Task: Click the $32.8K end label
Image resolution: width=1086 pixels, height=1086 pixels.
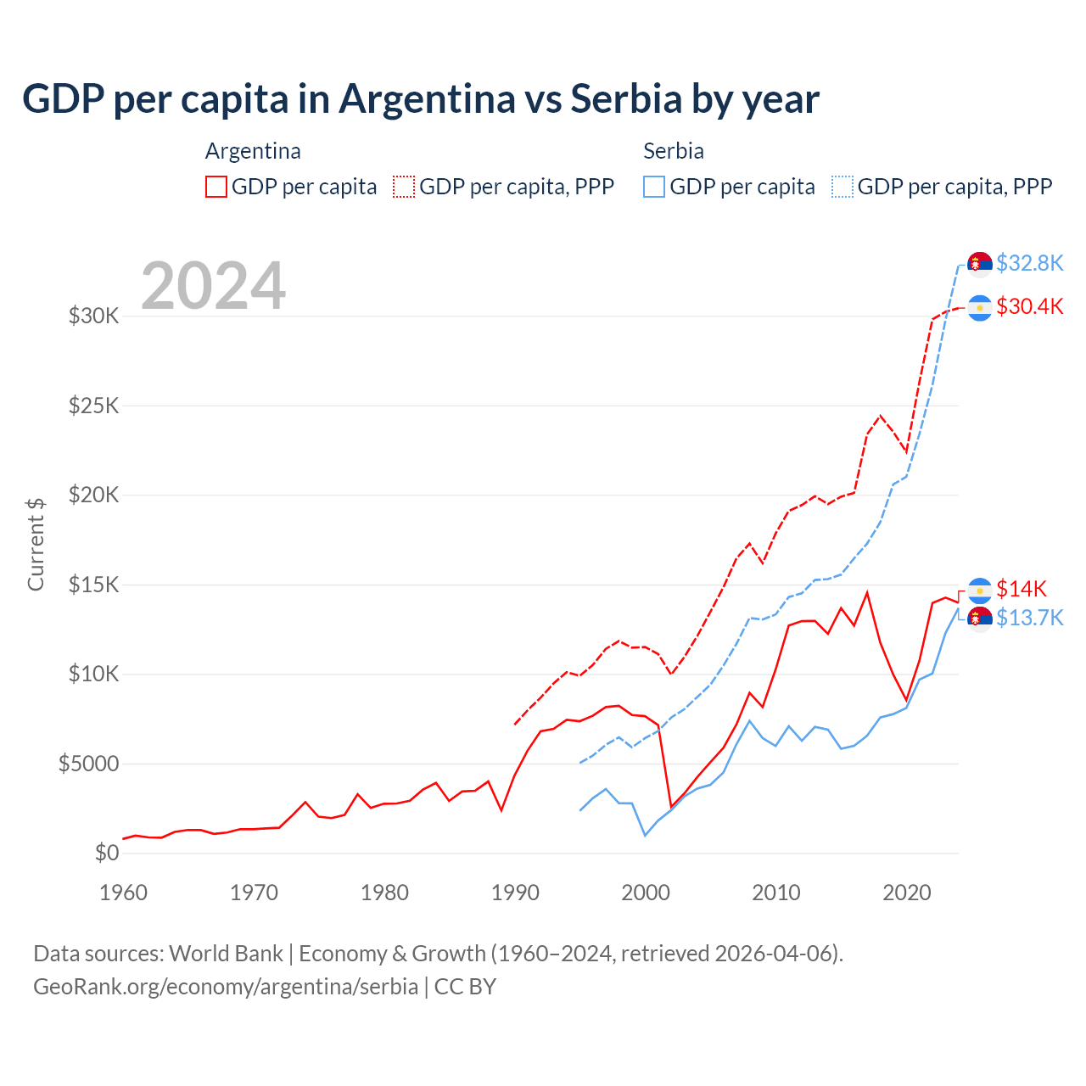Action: tap(1029, 263)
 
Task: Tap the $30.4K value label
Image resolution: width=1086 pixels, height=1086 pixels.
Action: tap(1029, 306)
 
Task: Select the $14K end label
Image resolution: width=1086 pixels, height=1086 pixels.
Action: tap(1022, 589)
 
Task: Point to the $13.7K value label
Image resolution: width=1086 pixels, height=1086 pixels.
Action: tap(1029, 618)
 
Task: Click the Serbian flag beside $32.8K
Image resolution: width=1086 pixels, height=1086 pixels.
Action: tap(980, 264)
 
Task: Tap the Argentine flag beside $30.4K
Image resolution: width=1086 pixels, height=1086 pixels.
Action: tap(980, 307)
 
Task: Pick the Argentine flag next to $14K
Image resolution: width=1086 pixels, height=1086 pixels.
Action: tap(980, 591)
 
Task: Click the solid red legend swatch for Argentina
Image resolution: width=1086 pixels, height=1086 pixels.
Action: tap(216, 187)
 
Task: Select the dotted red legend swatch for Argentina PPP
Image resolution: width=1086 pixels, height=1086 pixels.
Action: tap(404, 187)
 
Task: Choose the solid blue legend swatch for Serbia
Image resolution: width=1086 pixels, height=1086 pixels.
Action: tap(654, 187)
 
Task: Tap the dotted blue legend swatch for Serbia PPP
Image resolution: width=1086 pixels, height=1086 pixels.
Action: tap(842, 187)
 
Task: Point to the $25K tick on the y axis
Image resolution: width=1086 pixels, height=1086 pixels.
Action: tap(94, 406)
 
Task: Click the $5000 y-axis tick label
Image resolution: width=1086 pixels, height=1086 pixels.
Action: tap(88, 764)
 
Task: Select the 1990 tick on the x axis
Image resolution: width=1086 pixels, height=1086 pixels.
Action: tap(515, 893)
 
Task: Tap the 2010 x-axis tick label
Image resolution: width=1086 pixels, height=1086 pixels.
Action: tap(776, 893)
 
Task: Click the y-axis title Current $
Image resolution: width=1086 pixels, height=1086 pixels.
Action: tap(36, 544)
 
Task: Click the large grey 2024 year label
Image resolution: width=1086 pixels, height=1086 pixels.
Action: tap(213, 286)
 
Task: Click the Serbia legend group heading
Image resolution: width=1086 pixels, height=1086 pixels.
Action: tap(674, 151)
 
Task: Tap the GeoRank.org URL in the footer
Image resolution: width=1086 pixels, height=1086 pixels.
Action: tap(226, 987)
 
